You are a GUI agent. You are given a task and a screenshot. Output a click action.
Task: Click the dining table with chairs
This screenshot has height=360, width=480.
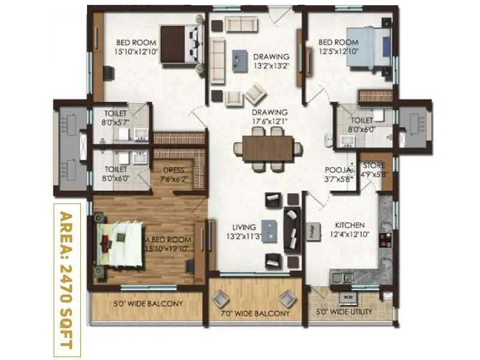coord(268,148)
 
